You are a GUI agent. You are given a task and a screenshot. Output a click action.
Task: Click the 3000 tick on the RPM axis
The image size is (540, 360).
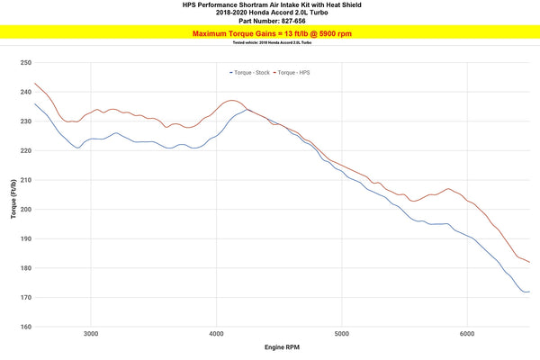tap(90, 334)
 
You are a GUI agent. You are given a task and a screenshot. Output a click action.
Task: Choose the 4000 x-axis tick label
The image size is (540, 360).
tap(215, 334)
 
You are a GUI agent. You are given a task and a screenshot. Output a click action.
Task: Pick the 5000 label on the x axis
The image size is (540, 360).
tap(341, 334)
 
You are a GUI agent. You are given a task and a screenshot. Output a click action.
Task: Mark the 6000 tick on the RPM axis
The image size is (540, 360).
tap(466, 334)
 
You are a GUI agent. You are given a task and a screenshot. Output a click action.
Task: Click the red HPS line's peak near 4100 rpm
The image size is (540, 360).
tap(231, 100)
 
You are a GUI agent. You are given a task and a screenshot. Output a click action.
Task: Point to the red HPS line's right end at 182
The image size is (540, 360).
tap(529, 263)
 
